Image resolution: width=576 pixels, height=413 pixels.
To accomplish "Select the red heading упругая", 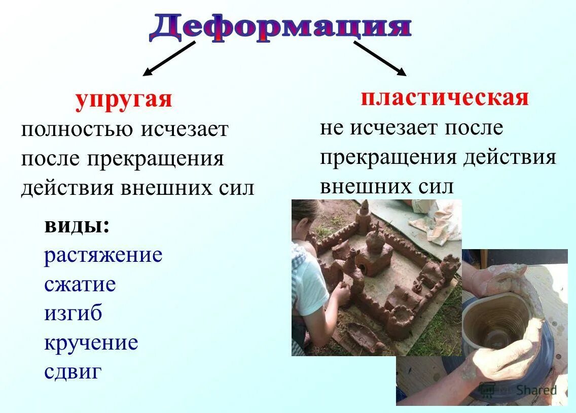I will [x=124, y=99].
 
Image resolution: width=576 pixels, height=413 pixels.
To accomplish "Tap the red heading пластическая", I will [x=445, y=97].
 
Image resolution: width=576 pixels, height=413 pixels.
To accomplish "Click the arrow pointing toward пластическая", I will [x=380, y=58].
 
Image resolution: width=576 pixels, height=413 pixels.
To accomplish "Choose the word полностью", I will [x=77, y=129].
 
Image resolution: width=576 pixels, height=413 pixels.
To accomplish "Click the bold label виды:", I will [x=77, y=225].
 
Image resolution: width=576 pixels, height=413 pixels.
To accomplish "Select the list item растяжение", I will [x=103, y=255].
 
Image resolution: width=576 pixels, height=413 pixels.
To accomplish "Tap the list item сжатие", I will [x=80, y=284].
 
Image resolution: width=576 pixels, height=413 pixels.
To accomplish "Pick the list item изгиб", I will [x=73, y=313].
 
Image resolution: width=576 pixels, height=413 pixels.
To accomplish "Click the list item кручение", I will [x=91, y=343].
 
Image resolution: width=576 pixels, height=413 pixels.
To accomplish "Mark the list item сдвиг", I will [x=73, y=372].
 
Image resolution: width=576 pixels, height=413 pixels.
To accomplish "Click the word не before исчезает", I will [x=332, y=127].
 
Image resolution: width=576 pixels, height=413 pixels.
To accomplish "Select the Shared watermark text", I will [x=536, y=390].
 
